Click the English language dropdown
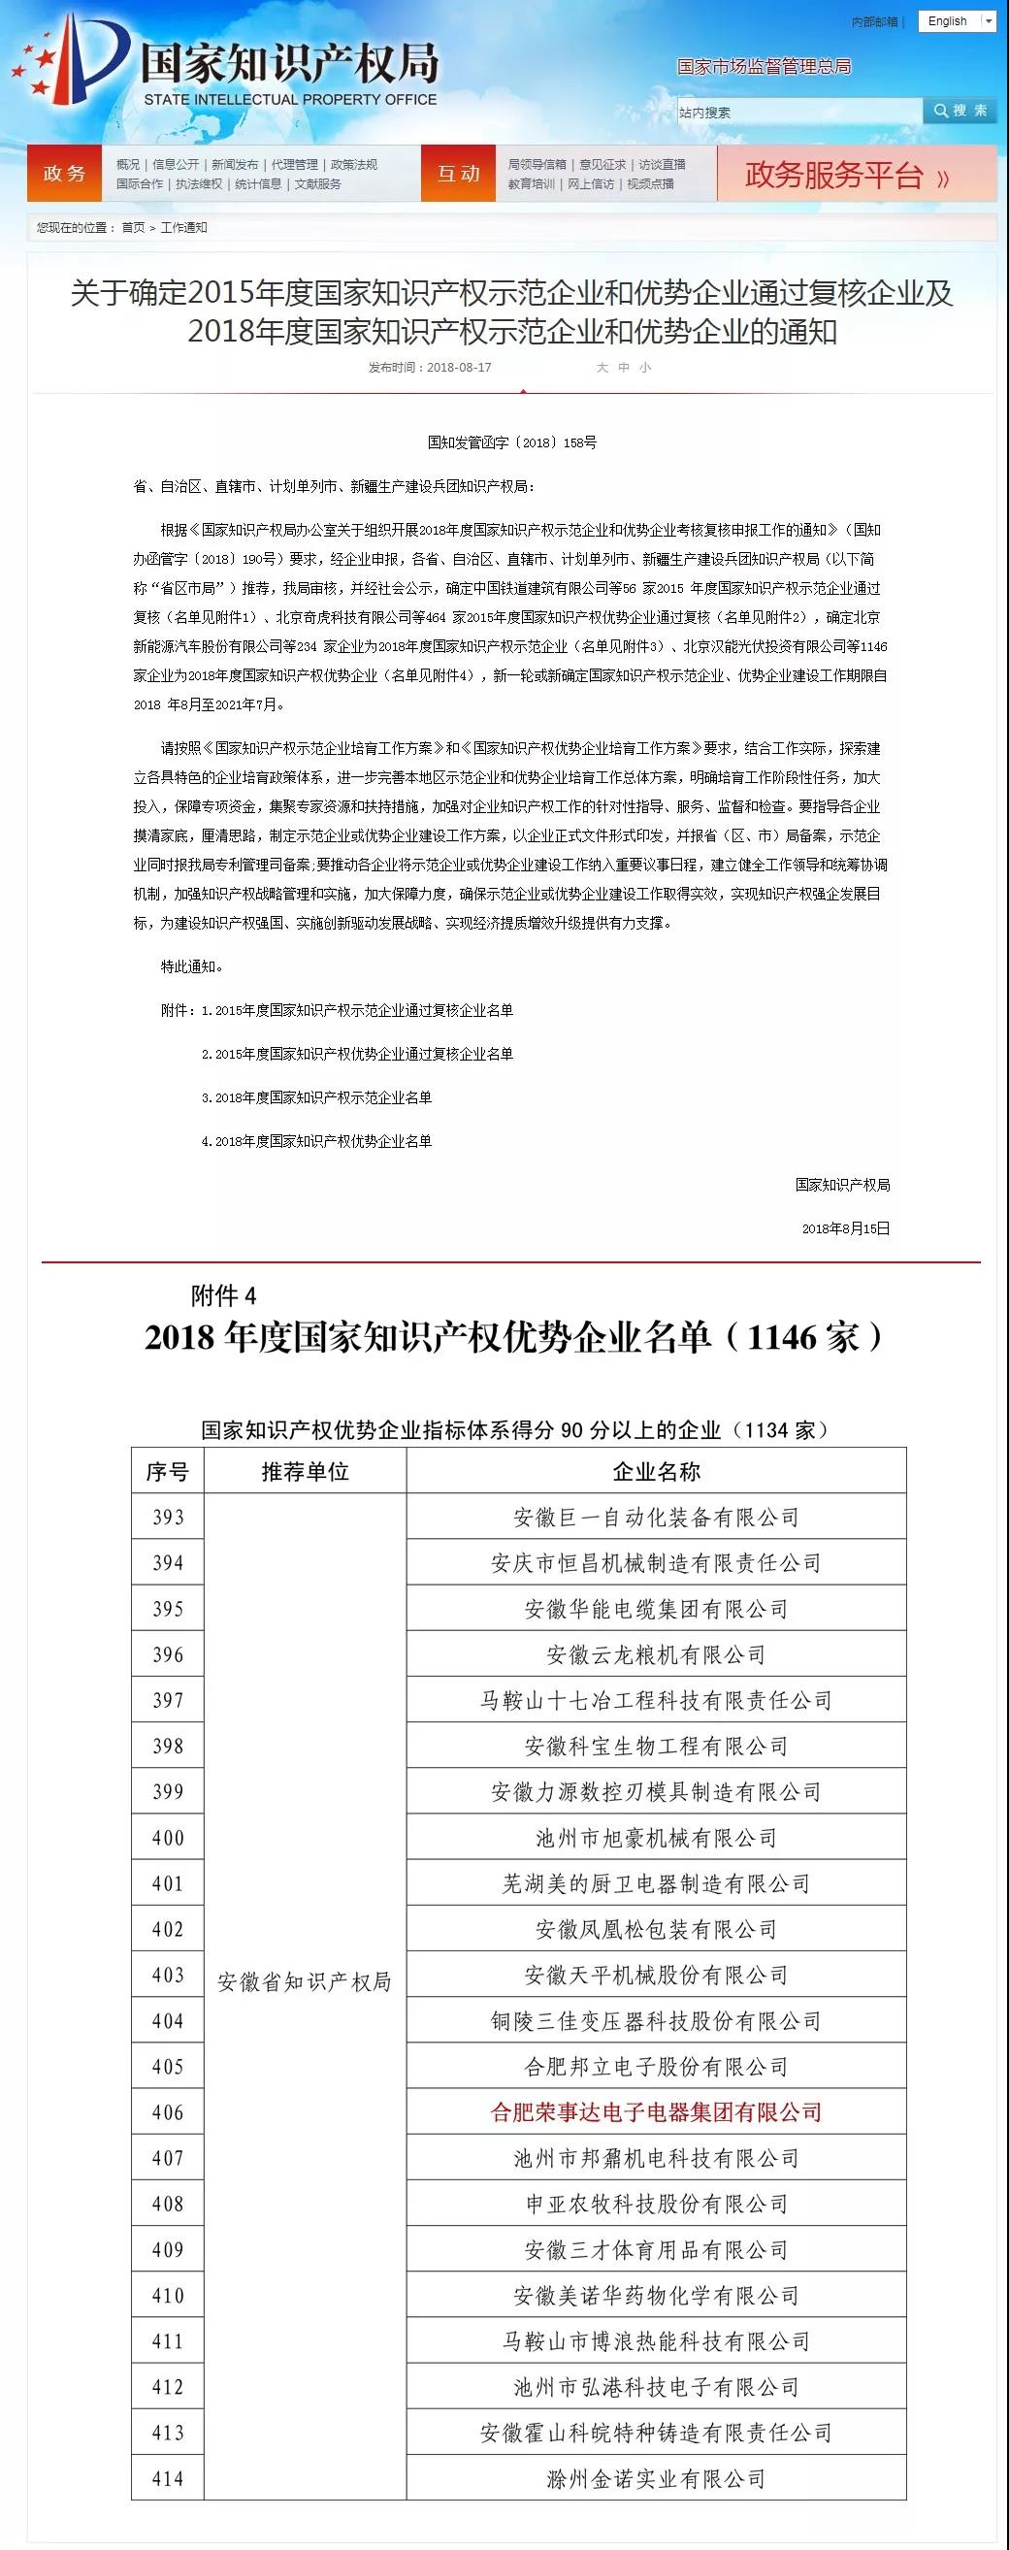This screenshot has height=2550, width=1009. (956, 20)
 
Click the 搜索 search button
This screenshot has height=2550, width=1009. (960, 111)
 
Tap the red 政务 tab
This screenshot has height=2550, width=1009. (64, 174)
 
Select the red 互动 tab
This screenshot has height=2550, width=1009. (459, 174)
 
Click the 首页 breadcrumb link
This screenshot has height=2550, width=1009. (133, 228)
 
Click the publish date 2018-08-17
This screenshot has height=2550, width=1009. (459, 367)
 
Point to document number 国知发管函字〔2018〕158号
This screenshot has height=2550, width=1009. (512, 442)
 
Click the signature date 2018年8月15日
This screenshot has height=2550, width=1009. (845, 1228)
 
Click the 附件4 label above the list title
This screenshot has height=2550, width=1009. (224, 1295)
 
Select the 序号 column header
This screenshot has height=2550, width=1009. (167, 1472)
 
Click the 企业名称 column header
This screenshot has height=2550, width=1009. (656, 1472)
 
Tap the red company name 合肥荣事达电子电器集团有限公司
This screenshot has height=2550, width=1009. (656, 2112)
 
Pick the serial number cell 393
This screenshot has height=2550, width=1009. (167, 1518)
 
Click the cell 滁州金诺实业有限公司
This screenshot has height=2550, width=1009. (656, 2479)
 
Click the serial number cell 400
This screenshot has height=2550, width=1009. (167, 1838)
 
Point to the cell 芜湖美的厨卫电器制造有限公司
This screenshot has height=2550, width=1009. (656, 1883)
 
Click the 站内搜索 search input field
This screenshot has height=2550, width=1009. (798, 112)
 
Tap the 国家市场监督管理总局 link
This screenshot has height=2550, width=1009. (764, 66)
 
